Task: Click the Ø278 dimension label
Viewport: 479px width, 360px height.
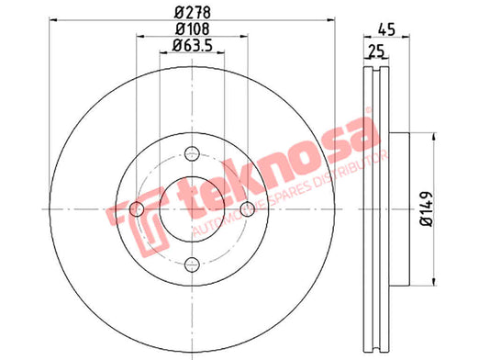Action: (x=193, y=13)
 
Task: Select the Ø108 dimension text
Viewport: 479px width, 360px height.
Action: (x=193, y=29)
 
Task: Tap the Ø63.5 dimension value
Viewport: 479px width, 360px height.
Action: (x=192, y=46)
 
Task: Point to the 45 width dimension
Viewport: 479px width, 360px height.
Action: (x=386, y=29)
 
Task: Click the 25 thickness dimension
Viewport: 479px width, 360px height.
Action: (x=376, y=51)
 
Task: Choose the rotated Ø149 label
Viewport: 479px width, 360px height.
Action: (x=426, y=209)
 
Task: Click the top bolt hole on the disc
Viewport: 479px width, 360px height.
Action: (x=192, y=152)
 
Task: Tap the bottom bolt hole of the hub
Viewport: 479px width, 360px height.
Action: (x=192, y=264)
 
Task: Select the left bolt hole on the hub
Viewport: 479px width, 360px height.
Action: (x=137, y=209)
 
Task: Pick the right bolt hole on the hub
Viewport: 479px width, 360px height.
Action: (x=248, y=209)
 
